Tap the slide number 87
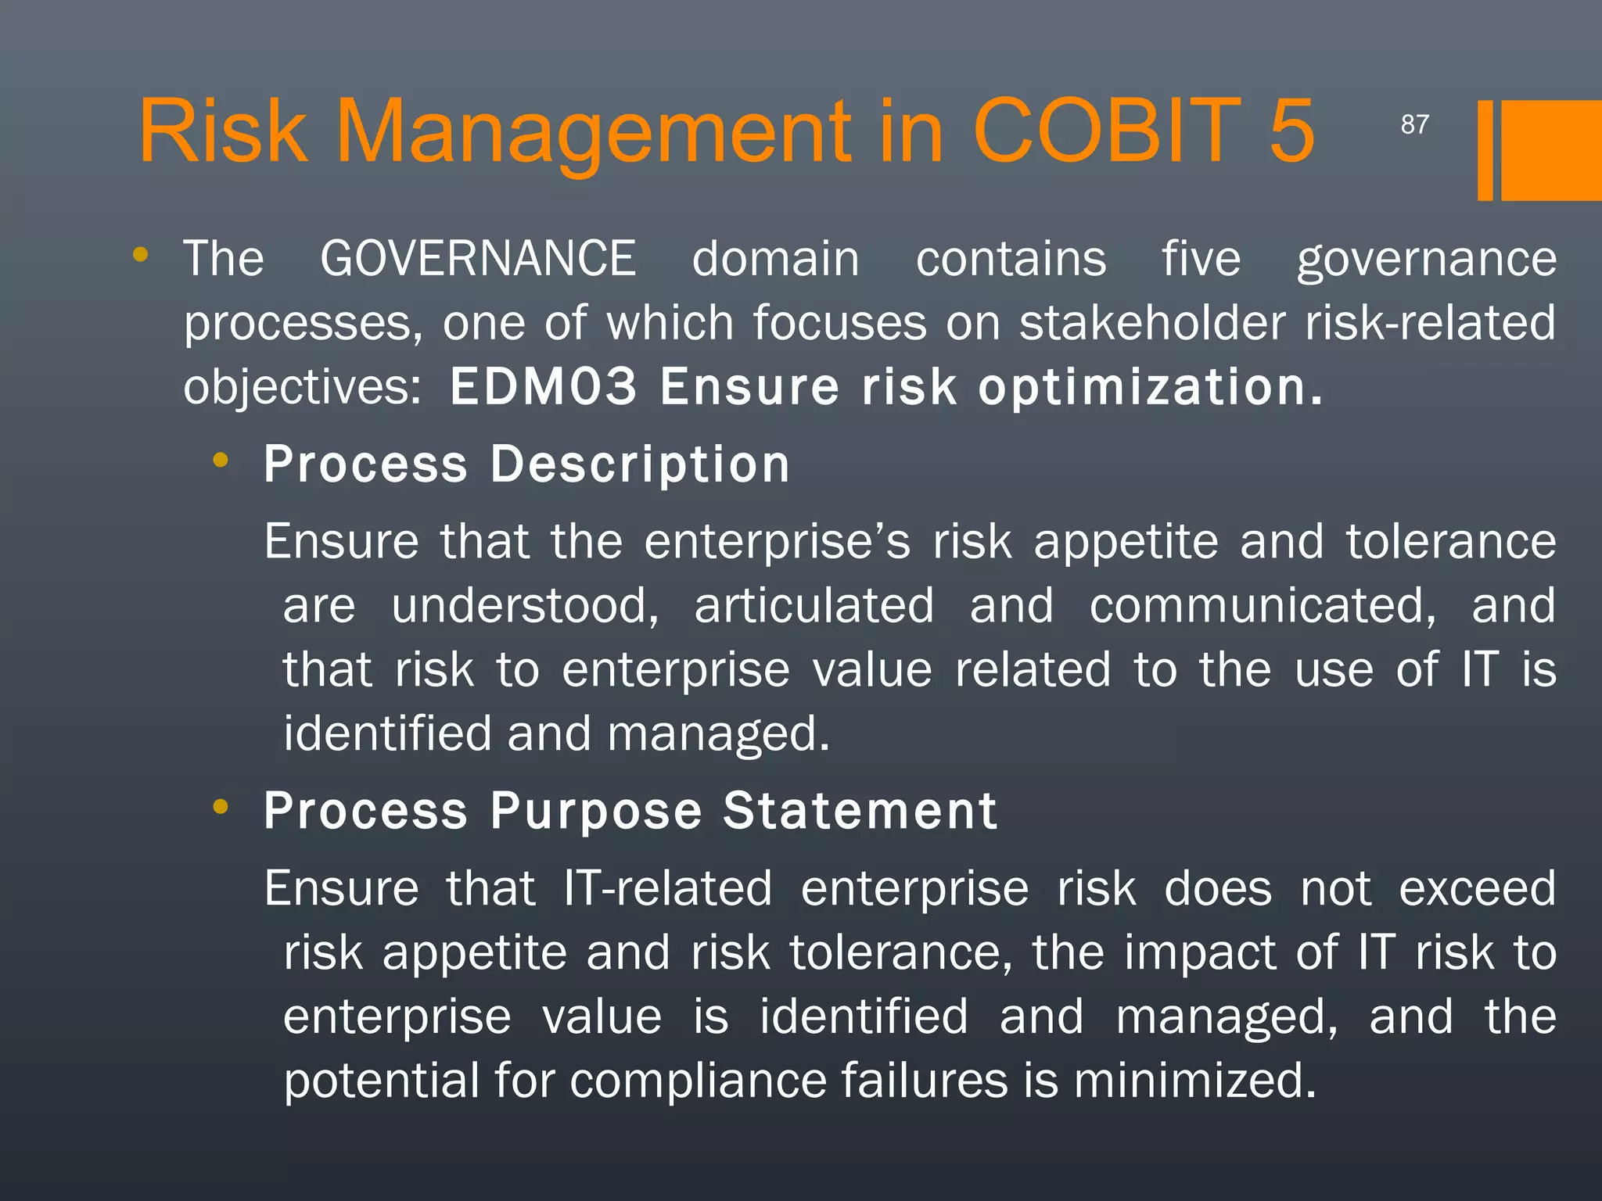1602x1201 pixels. (x=1414, y=124)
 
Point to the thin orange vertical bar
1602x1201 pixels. (x=1485, y=150)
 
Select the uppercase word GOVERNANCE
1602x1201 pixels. (x=478, y=259)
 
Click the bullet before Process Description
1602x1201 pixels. (x=221, y=461)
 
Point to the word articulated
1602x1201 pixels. (x=814, y=606)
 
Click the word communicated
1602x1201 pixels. (x=1263, y=606)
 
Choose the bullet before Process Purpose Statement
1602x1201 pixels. (x=221, y=807)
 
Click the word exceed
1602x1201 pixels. (x=1477, y=889)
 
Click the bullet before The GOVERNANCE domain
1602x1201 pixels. (x=141, y=254)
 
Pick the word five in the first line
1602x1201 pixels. (x=1201, y=259)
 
